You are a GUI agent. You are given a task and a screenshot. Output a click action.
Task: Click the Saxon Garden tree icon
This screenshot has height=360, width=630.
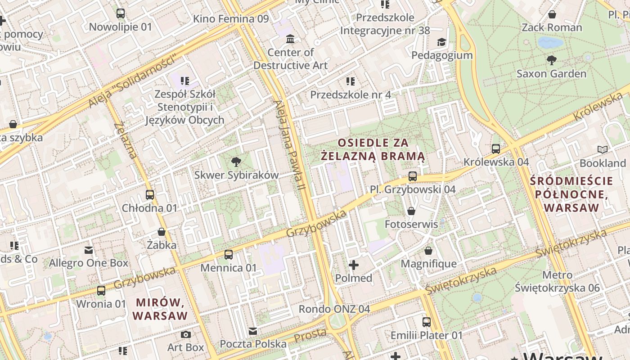click(x=551, y=60)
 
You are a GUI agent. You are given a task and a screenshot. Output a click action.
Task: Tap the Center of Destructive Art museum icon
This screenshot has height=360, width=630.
click(x=290, y=39)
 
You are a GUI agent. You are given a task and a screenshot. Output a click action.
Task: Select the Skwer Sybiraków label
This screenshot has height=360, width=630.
click(x=236, y=175)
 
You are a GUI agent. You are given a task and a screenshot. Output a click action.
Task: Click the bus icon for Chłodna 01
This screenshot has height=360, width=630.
click(x=150, y=195)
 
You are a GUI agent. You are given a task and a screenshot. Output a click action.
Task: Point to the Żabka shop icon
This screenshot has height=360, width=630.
click(x=162, y=232)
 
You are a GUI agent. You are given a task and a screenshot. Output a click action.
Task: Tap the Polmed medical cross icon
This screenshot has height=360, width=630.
click(x=354, y=265)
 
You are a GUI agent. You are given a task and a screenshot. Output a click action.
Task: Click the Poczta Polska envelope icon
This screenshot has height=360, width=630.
click(x=253, y=331)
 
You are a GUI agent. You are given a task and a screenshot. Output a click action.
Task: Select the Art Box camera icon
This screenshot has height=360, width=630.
click(x=185, y=335)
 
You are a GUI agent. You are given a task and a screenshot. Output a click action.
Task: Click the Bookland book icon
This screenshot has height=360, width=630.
click(x=602, y=149)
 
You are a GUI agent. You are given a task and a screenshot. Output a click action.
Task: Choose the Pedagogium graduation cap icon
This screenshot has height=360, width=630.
click(x=442, y=42)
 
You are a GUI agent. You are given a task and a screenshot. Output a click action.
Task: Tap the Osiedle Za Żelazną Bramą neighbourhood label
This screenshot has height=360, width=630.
click(x=373, y=149)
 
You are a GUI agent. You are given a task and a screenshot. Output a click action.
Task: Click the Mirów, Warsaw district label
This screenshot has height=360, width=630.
click(x=160, y=309)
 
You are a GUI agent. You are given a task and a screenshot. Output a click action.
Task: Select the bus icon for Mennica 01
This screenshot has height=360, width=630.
click(x=229, y=255)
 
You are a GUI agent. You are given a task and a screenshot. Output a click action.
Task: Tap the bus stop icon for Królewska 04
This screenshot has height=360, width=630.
click(x=496, y=148)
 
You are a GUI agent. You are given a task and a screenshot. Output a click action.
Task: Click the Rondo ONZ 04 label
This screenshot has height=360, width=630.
click(x=334, y=309)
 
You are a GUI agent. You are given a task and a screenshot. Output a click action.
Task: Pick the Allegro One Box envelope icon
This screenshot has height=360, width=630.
click(x=89, y=250)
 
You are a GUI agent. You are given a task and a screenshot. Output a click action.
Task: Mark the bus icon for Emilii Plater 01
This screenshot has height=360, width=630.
click(x=426, y=322)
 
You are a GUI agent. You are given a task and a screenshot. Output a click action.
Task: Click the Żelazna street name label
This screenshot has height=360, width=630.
click(x=126, y=140)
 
